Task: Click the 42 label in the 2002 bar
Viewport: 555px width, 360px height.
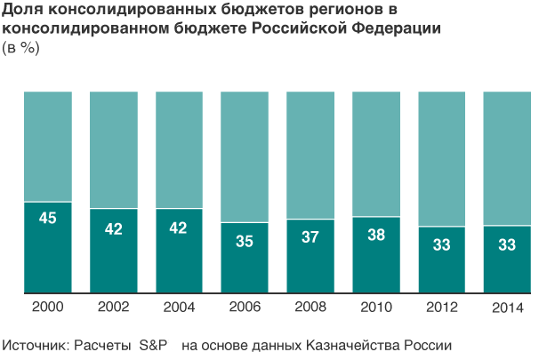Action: pyautogui.click(x=114, y=228)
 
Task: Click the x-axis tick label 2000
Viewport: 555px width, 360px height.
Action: pyautogui.click(x=48, y=307)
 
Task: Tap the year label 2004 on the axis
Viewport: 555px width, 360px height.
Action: pyautogui.click(x=179, y=307)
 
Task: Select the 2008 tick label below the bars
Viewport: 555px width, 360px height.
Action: pyautogui.click(x=310, y=307)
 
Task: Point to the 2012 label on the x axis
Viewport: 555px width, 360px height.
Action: pyautogui.click(x=441, y=307)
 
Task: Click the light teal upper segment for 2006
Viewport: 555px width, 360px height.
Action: pyautogui.click(x=245, y=156)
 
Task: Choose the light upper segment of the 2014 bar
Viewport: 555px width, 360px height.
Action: pyautogui.click(x=507, y=157)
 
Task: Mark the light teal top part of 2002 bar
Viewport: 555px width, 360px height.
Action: pyautogui.click(x=114, y=148)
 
